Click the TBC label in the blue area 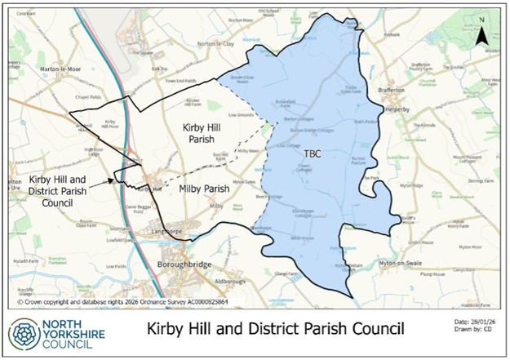313,153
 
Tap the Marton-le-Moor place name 62,70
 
